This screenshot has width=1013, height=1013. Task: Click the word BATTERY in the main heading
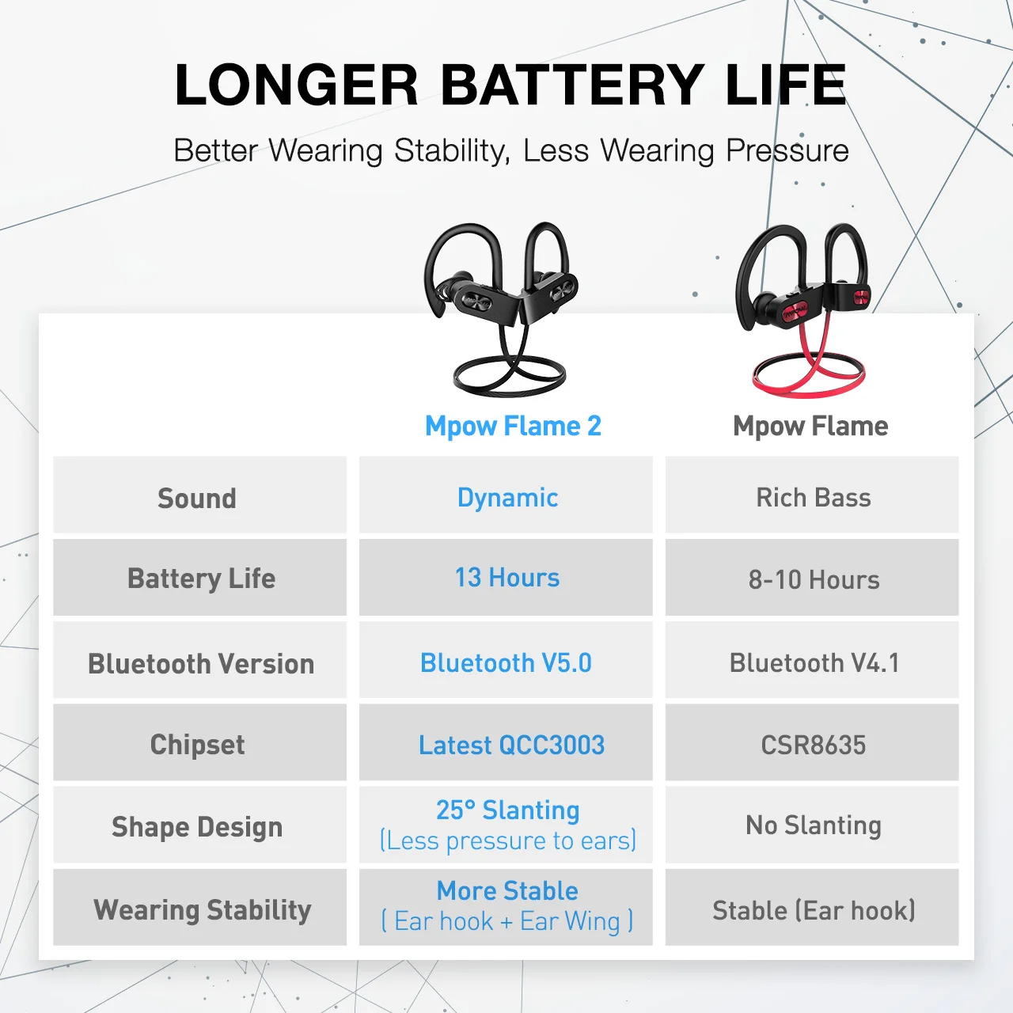571,85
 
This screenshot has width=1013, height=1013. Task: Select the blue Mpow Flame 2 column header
513,426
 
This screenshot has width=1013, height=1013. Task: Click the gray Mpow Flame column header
810,426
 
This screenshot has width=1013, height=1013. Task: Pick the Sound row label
197,498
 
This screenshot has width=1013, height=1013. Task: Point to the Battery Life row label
201,579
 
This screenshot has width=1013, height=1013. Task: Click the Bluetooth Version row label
201,663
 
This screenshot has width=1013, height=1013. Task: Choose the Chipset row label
197,745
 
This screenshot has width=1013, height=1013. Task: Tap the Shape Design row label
197,826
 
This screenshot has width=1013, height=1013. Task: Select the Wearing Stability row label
203,909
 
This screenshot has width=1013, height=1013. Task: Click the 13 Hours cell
507,578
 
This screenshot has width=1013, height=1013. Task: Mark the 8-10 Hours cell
814,579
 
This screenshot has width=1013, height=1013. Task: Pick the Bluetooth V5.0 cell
506,662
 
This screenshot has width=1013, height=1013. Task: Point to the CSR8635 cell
814,745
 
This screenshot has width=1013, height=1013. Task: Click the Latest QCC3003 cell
511,745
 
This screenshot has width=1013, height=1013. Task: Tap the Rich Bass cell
814,497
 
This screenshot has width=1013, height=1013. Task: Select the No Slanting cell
814,825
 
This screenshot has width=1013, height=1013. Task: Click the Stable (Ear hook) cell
814,910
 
